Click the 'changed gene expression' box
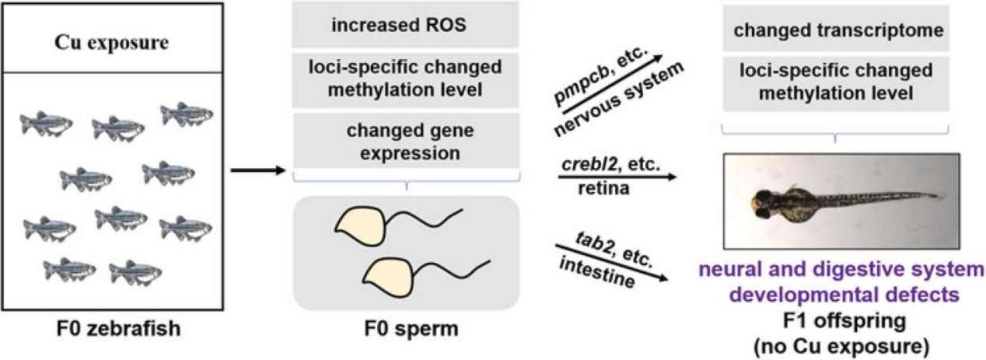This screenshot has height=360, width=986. tap(404, 141)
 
